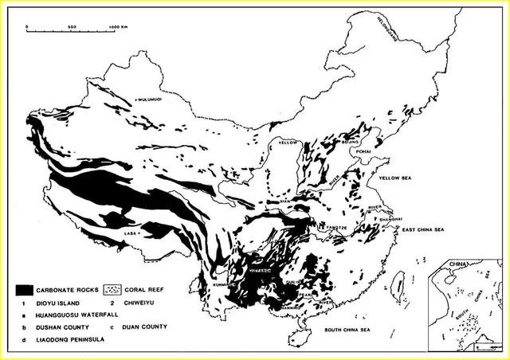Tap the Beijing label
pos(350,143)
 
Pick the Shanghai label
pos(390,218)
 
